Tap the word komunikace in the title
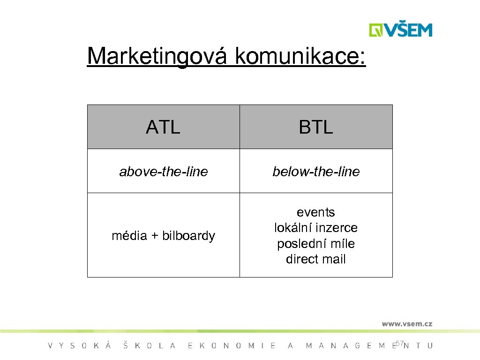pos(300,57)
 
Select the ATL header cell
pos(163,127)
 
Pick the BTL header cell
pos(316,127)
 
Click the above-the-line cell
pos(163,172)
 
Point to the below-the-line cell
pos(316,172)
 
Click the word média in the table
pos(129,236)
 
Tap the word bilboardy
pos(188,236)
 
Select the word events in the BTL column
pos(316,212)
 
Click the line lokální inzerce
pos(316,228)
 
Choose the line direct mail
pos(316,259)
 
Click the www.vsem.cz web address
pos(406,323)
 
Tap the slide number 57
pos(399,344)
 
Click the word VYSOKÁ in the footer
pos(80,346)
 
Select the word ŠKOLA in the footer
pos(150,346)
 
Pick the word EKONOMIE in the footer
pos(232,346)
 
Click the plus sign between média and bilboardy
pos(154,236)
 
